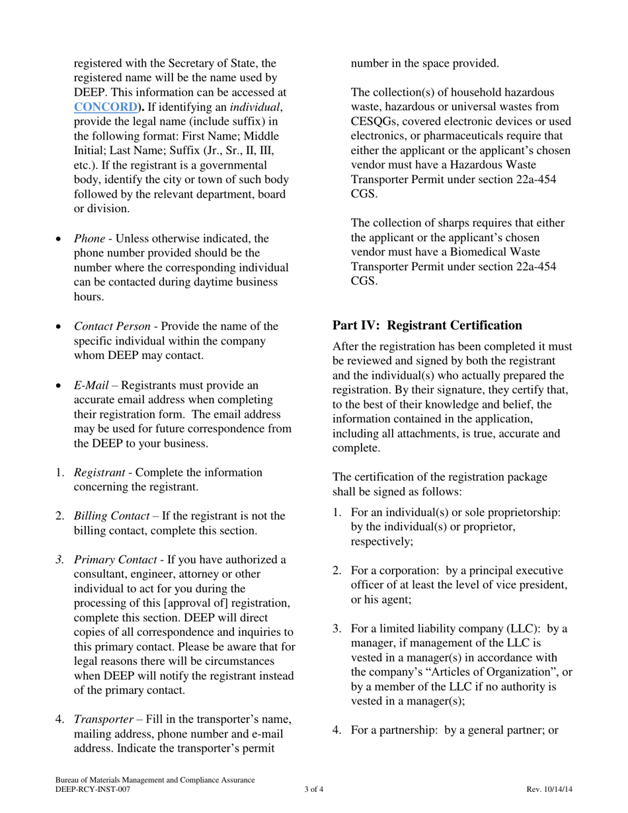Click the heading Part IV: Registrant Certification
click(427, 325)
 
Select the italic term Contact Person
click(111, 326)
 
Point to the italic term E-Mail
click(91, 385)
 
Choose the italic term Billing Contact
click(111, 516)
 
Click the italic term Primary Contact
click(114, 560)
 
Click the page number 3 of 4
click(314, 789)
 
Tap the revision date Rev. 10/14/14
click(549, 789)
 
